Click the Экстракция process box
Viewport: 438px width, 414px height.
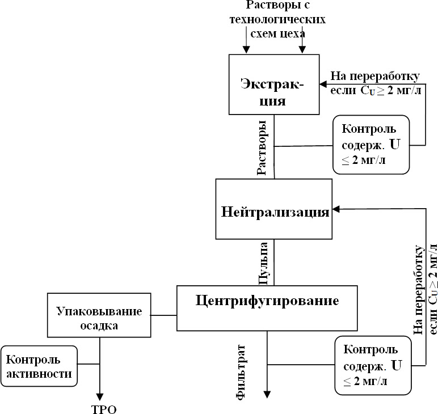272,84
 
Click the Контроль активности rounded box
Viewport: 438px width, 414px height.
39,366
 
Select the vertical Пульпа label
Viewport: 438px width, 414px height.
263,263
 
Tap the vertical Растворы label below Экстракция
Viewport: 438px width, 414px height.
262,147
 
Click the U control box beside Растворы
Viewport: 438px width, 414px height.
371,144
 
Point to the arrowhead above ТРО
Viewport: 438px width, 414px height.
100,396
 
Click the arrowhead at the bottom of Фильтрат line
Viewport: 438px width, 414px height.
267,395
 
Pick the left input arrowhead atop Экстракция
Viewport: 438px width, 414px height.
246,49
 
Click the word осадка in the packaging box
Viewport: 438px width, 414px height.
99,326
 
